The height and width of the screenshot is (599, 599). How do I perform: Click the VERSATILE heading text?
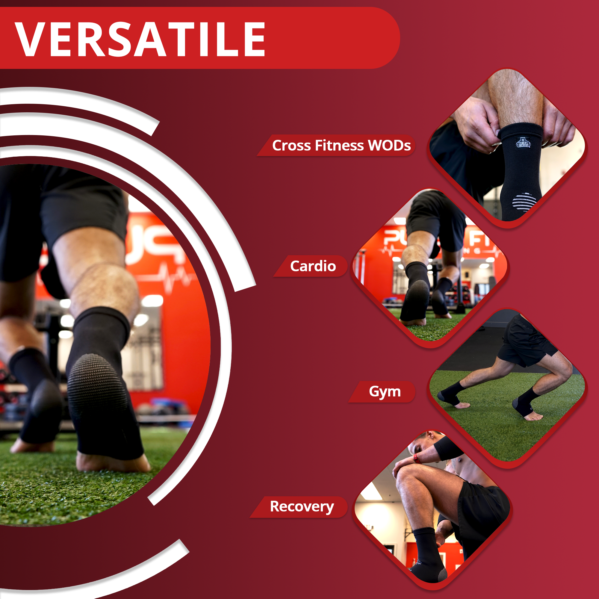pyautogui.click(x=140, y=39)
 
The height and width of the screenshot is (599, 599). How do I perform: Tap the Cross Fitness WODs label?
pyautogui.click(x=341, y=146)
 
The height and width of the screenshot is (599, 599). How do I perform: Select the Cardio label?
pyautogui.click(x=313, y=266)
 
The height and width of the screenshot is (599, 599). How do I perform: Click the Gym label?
pyautogui.click(x=385, y=391)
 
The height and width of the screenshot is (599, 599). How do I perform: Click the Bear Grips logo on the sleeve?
pyautogui.click(x=523, y=143)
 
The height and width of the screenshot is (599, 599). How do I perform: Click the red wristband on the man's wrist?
pyautogui.click(x=416, y=458)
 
